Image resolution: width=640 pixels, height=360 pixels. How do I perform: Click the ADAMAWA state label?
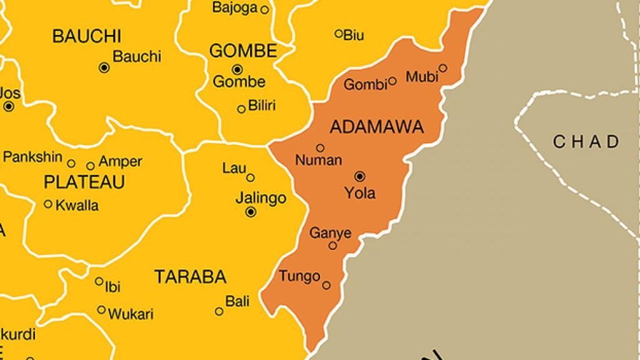click(x=376, y=127)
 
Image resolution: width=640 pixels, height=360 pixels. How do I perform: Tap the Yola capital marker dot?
click(x=360, y=176)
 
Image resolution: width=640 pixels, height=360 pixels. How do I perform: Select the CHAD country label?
click(x=586, y=142)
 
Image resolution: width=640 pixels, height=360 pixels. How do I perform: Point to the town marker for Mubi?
click(x=442, y=68)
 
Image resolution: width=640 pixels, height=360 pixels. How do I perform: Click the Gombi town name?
click(x=366, y=85)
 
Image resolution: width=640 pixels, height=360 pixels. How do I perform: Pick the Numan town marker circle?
click(x=320, y=148)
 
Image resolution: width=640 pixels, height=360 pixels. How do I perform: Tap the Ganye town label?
click(x=331, y=233)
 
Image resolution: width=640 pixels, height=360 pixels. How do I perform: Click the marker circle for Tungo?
click(x=326, y=285)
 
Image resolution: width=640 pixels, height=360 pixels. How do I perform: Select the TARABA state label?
click(x=190, y=276)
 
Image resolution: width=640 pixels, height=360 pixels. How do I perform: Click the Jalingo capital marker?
click(x=251, y=212)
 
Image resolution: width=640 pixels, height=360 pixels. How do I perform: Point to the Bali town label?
click(x=237, y=302)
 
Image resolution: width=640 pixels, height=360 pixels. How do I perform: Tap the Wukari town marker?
click(x=101, y=309)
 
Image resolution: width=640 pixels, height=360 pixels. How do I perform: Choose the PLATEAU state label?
click(x=84, y=182)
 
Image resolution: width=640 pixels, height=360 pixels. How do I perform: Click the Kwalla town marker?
click(x=48, y=204)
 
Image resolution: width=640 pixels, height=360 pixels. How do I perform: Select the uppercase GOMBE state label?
click(x=242, y=51)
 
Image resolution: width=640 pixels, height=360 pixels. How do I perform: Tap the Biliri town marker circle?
click(x=241, y=109)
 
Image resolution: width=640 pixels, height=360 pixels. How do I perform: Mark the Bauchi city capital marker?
click(x=104, y=67)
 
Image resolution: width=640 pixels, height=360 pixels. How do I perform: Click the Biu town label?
click(x=354, y=34)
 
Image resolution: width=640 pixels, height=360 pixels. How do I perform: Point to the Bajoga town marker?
click(x=264, y=9)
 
